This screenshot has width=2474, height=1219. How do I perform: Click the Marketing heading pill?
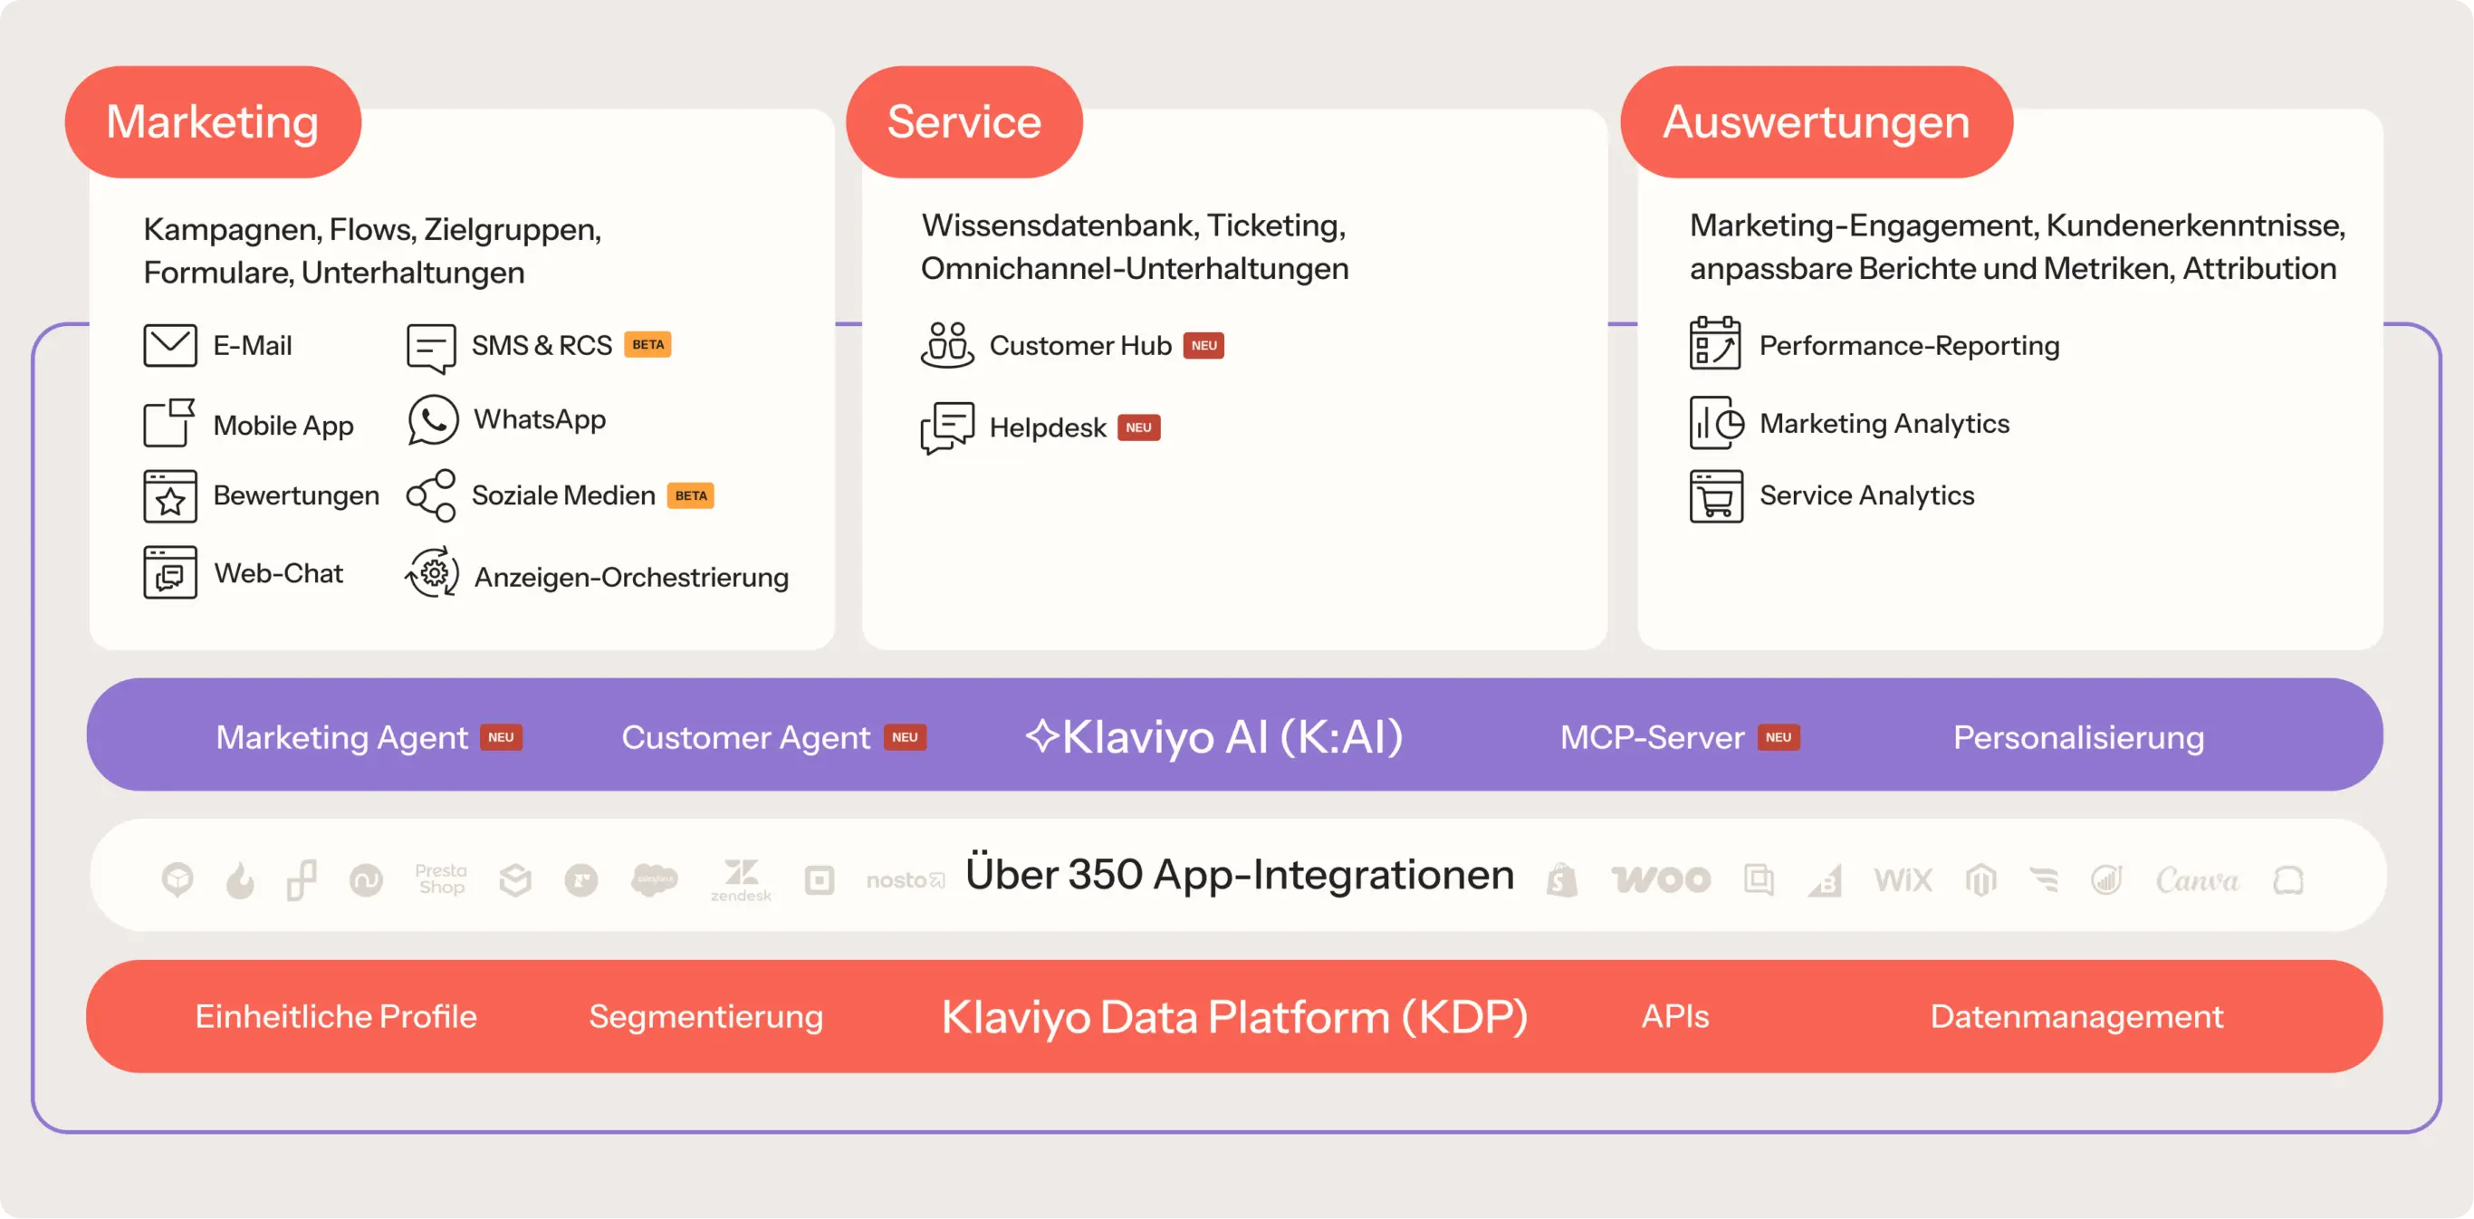212,122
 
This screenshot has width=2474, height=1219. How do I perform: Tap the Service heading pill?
964,122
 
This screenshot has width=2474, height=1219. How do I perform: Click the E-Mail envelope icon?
170,345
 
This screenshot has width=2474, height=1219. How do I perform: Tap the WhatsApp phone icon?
432,420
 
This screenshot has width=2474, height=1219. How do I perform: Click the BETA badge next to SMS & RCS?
647,345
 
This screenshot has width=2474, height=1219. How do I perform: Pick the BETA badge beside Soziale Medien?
691,495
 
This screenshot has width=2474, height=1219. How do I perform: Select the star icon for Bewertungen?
170,496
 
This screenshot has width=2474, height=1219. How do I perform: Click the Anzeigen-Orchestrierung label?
631,577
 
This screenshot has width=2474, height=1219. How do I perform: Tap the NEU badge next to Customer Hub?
1203,346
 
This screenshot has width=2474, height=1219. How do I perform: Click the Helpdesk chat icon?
947,427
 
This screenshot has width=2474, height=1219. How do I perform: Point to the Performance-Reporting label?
1908,346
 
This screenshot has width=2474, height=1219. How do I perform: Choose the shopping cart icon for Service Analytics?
1715,496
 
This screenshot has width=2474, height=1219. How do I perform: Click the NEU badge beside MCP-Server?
1778,738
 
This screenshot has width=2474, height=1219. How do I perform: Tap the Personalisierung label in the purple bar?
2078,738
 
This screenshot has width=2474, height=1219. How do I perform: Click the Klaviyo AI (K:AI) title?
1215,738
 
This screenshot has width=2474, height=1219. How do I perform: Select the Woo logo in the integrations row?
1661,879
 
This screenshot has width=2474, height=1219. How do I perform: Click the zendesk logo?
741,880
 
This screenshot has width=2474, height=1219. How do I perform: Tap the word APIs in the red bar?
1675,1016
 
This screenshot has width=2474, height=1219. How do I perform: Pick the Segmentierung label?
706,1016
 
